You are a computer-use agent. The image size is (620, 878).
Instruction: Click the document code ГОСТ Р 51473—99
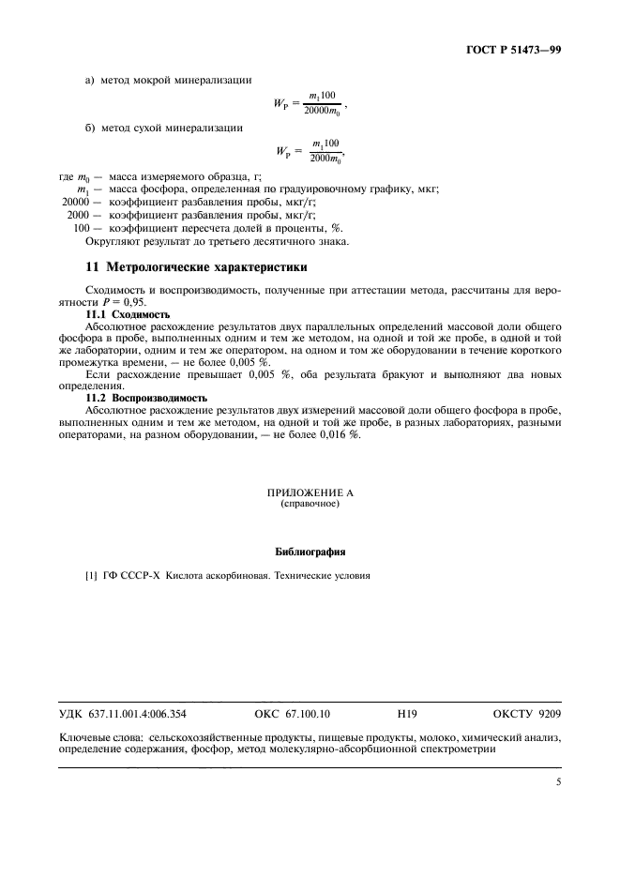518,50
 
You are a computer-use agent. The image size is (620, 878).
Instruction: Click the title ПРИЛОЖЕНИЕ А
310,492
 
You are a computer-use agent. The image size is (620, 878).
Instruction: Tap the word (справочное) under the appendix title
310,504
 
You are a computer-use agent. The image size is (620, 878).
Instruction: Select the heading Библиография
310,551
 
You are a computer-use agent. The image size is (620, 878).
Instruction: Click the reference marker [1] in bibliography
92,576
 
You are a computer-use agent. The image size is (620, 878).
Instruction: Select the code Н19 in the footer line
407,714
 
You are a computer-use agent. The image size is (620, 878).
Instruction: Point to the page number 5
557,778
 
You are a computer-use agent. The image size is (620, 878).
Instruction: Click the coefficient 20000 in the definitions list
75,202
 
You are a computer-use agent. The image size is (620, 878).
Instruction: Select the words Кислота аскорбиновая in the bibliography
205,576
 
